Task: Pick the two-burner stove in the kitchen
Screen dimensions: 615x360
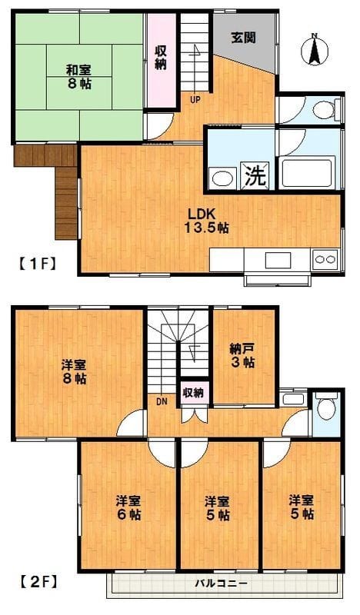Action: pyautogui.click(x=324, y=259)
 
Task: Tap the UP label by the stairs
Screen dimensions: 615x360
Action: pyautogui.click(x=195, y=98)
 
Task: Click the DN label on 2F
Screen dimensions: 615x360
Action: pyautogui.click(x=161, y=401)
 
